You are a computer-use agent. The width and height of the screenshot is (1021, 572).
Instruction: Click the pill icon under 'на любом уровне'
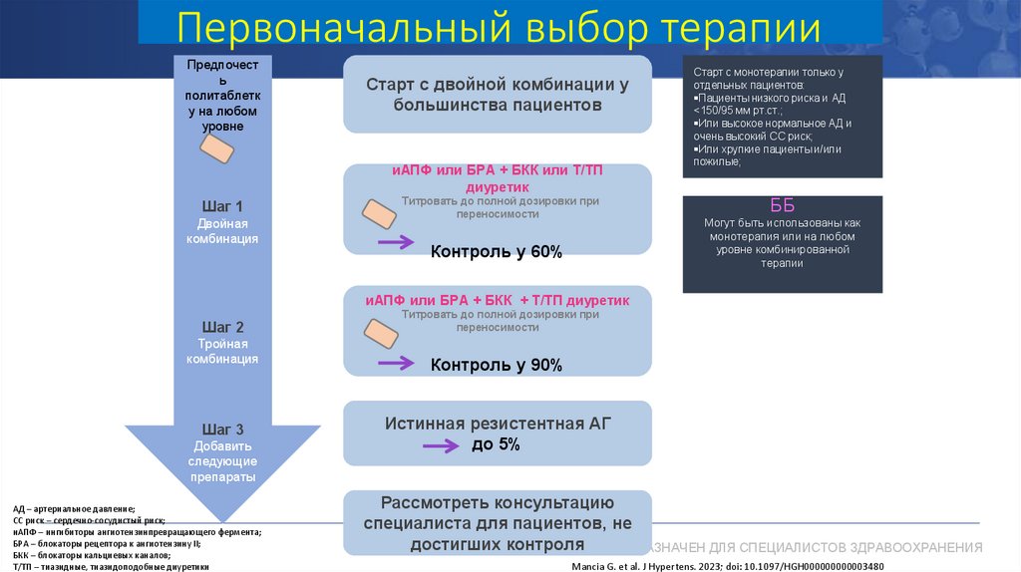click(x=217, y=149)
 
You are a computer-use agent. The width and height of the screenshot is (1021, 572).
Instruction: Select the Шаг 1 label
click(x=222, y=206)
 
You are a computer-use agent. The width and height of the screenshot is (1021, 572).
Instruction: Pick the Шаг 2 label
click(x=222, y=327)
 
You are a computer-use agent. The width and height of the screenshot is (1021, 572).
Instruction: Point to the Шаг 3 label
click(x=222, y=429)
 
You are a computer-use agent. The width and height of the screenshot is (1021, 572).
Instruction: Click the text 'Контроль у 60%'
click(x=497, y=252)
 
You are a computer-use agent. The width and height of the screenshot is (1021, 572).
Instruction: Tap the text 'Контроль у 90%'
click(x=497, y=366)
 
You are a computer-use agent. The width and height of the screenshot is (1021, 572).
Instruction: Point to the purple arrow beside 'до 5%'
click(x=445, y=445)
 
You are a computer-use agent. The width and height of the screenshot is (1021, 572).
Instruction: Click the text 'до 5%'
click(x=496, y=444)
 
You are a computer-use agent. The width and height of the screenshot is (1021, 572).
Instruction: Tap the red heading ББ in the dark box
click(x=783, y=206)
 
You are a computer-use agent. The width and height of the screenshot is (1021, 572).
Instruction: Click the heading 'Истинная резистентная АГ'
click(x=497, y=424)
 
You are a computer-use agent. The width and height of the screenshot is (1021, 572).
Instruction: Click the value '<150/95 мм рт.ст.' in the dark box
click(x=738, y=112)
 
